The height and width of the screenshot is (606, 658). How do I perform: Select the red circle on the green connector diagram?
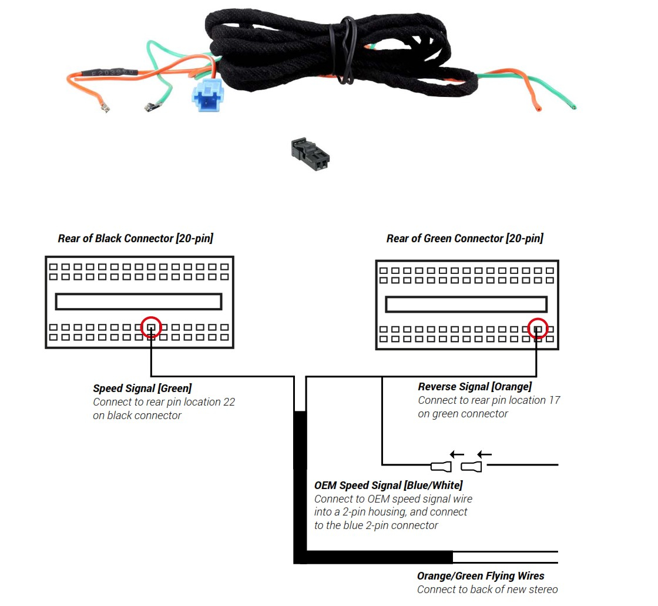pos(538,329)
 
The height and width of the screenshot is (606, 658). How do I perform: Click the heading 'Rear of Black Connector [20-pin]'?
pos(135,239)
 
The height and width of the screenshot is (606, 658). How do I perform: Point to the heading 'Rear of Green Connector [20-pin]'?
pos(465,239)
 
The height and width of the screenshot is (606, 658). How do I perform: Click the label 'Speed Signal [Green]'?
pos(142,389)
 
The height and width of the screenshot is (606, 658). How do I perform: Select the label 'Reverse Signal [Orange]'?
pos(475,387)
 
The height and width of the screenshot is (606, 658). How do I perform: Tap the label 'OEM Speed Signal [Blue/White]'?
pos(388,486)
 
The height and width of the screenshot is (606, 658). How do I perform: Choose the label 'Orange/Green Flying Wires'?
pos(481,576)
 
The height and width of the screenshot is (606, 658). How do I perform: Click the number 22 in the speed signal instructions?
pos(229,402)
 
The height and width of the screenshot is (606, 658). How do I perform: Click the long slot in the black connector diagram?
pos(139,302)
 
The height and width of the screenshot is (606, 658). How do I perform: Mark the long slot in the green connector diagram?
pos(466,304)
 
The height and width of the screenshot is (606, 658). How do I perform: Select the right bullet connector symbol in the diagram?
pos(471,467)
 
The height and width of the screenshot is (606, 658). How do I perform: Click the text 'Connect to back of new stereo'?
pos(487,590)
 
